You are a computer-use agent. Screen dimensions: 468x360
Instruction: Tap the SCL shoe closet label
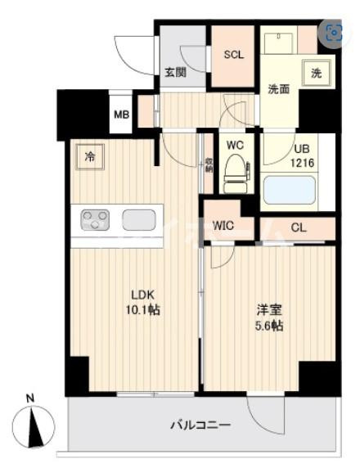pyautogui.click(x=234, y=56)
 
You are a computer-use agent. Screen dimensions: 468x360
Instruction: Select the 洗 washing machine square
pyautogui.click(x=316, y=73)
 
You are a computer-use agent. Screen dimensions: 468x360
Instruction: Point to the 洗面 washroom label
pyautogui.click(x=279, y=90)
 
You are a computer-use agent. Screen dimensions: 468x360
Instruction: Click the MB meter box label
pyautogui.click(x=121, y=115)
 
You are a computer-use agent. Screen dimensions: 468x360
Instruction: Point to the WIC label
pyautogui.click(x=225, y=225)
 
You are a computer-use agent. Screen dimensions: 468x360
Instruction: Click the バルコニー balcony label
pyautogui.click(x=200, y=425)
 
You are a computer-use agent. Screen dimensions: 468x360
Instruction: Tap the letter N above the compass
pyautogui.click(x=30, y=399)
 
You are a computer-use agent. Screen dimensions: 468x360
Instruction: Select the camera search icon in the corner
pyautogui.click(x=335, y=33)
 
